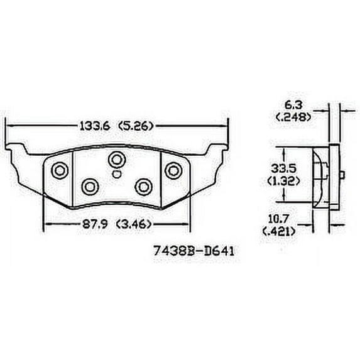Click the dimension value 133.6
tap(94, 126)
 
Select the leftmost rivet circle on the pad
tap(60, 170)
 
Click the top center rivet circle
tap(116, 158)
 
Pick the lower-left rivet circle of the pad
tap(90, 185)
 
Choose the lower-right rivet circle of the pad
tap(144, 185)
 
